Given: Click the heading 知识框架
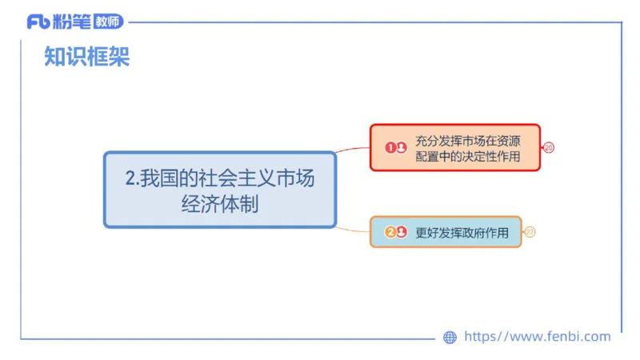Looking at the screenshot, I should tap(86, 57).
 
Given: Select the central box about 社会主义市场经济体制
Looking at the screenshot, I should tap(220, 190).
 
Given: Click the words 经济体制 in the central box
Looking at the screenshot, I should tap(220, 203).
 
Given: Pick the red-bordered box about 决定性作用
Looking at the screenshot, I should tap(455, 147).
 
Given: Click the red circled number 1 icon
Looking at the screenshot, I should tap(390, 147).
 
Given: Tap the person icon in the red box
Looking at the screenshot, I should tap(401, 147).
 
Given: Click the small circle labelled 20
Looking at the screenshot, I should tap(549, 147).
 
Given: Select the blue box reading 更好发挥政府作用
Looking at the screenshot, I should tap(446, 232).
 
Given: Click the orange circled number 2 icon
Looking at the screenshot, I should tap(390, 232).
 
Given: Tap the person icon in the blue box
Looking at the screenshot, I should tap(401, 232).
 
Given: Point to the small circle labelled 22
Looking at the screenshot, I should tap(530, 232).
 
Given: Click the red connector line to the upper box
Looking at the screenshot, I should tap(353, 149).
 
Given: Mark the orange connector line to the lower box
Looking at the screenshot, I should tap(353, 230).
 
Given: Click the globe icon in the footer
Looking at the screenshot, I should tap(450, 338).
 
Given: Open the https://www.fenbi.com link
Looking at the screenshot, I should tap(537, 337).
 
